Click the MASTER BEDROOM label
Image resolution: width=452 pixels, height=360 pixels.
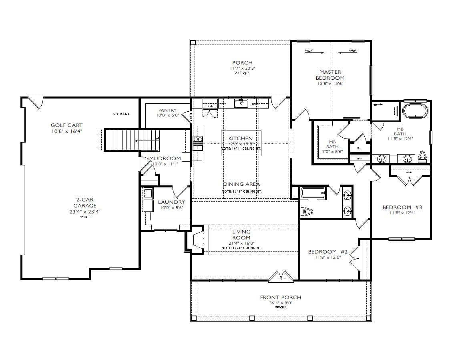coord(330,75)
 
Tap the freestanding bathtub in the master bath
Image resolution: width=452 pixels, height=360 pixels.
coord(415,111)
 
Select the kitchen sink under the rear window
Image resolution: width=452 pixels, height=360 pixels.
coord(241,103)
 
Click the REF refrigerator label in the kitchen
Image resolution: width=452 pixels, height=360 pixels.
coord(210,106)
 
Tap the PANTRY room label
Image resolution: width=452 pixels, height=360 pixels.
coord(167,111)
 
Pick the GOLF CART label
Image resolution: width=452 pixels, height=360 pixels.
coord(66,125)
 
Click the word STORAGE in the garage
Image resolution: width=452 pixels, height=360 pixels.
coord(121,115)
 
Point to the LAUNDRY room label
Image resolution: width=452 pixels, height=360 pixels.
coord(171,202)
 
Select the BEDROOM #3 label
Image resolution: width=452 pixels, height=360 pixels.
coord(402,207)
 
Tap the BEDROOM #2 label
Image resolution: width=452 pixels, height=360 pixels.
coord(328,251)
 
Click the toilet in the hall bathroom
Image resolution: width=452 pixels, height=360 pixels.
coord(307,211)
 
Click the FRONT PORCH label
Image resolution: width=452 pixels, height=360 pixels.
coord(280,297)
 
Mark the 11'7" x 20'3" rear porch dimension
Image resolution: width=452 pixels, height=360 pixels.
coord(242,68)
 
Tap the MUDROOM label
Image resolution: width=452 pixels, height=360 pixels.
coord(165,158)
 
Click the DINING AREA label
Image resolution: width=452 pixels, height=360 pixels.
coord(241,184)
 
